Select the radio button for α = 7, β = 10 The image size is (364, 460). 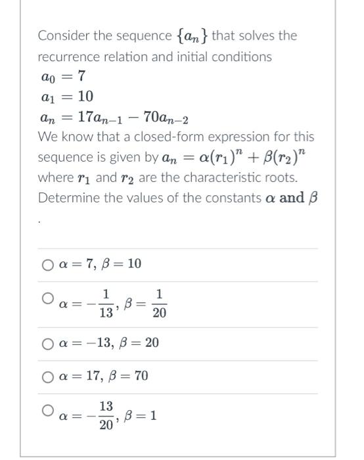(47, 265)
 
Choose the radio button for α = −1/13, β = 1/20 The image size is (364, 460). (47, 299)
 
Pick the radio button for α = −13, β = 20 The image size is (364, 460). (47, 343)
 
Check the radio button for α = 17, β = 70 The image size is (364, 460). (47, 377)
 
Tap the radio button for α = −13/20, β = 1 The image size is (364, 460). (47, 410)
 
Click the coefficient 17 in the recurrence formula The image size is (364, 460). (86, 118)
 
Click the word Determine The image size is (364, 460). (68, 198)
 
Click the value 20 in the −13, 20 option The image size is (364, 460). (152, 343)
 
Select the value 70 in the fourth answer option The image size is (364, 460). (141, 377)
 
